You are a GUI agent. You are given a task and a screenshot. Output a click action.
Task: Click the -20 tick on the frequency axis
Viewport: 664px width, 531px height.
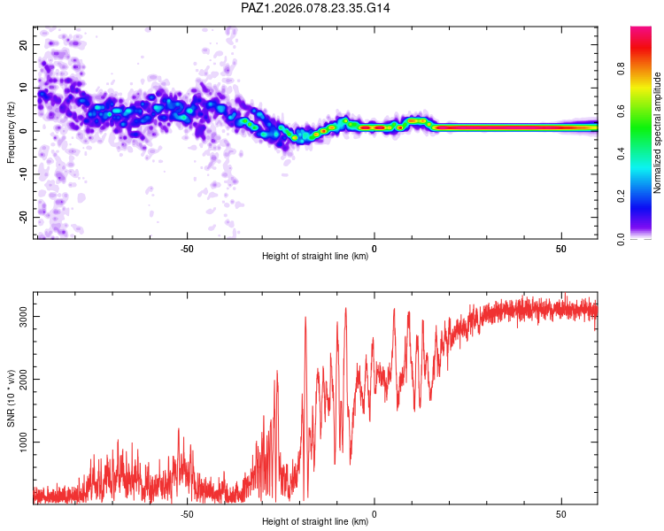21,217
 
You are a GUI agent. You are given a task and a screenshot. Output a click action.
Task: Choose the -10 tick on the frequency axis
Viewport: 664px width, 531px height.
21,173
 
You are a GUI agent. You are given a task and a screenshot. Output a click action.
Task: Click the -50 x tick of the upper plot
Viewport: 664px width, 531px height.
187,249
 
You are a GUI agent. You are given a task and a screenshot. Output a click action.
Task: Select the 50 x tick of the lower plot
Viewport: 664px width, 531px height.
561,514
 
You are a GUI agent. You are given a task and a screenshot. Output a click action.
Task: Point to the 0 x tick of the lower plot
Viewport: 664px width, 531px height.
374,514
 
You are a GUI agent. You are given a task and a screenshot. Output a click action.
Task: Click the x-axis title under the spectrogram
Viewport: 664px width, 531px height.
316,257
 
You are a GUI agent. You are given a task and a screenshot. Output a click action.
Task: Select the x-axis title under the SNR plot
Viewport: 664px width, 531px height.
316,522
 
